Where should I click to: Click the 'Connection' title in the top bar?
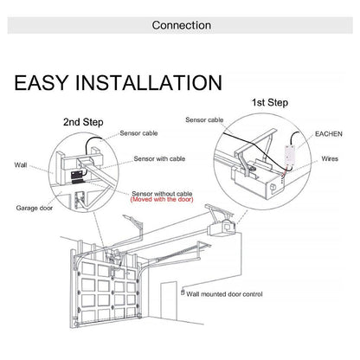(x=179, y=25)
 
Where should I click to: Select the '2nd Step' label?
(x=87, y=123)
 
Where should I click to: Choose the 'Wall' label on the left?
(x=21, y=164)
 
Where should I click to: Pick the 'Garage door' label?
(x=34, y=209)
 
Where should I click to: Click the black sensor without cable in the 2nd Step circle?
(x=76, y=174)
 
